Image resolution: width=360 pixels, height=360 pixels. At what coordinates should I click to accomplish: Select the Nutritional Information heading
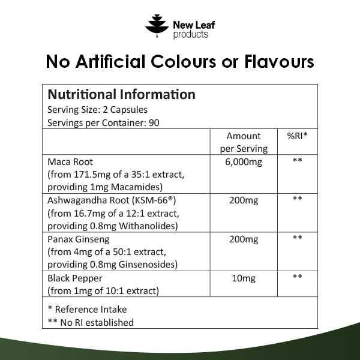[121, 95]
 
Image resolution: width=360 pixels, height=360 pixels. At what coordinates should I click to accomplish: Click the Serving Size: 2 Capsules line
[97, 110]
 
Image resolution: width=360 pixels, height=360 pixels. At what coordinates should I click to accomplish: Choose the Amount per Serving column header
[244, 142]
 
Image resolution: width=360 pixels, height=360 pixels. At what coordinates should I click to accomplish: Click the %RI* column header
[297, 136]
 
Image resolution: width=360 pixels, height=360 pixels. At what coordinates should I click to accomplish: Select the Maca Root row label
[70, 162]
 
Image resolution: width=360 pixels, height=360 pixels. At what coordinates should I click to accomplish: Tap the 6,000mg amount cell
[244, 162]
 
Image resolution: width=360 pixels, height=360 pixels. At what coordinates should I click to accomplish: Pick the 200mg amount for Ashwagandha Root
[244, 200]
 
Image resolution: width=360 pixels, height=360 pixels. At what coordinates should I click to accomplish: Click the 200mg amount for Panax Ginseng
[244, 239]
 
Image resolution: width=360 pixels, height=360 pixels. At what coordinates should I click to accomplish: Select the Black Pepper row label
[74, 278]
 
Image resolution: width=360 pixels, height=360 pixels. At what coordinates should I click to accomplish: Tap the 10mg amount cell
[244, 278]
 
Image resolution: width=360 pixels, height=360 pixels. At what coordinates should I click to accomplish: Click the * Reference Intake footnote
[87, 310]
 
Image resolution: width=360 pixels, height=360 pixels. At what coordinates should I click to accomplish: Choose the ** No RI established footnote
[91, 322]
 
